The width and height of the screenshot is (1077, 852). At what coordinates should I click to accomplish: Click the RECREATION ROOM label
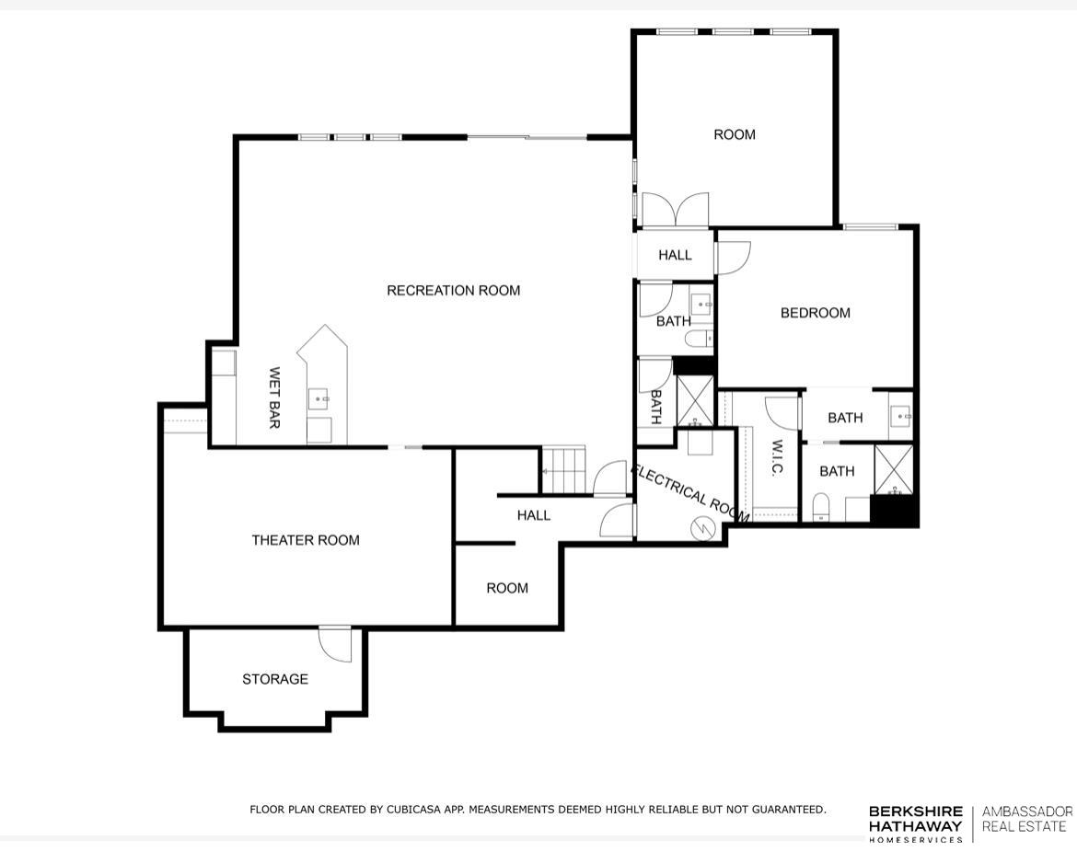point(453,291)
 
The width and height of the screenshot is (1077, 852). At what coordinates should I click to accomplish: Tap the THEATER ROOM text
point(306,540)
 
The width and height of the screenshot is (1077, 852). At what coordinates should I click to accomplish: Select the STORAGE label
point(275,679)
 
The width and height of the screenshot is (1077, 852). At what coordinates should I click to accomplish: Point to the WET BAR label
point(274,397)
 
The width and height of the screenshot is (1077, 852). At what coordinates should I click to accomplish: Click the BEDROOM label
point(815,313)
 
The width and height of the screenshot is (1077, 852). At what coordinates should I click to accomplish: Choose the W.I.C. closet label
point(776,457)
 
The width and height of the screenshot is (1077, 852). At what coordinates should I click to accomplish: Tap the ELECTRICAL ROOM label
point(689,493)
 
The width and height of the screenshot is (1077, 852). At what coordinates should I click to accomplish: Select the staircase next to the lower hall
point(562,469)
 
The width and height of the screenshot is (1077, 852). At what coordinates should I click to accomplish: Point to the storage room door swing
point(336,643)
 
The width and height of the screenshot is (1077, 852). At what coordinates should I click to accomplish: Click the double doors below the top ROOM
point(675,210)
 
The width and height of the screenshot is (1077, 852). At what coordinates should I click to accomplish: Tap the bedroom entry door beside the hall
point(734,257)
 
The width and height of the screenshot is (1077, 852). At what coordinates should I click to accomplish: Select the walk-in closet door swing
point(782,410)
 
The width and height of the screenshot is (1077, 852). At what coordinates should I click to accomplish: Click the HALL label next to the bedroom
point(675,255)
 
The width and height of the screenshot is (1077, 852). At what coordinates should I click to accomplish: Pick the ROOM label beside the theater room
point(507,588)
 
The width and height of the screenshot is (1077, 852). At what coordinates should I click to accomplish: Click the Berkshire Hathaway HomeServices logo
point(915,823)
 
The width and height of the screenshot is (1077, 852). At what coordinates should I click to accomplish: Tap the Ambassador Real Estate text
point(1026,818)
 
